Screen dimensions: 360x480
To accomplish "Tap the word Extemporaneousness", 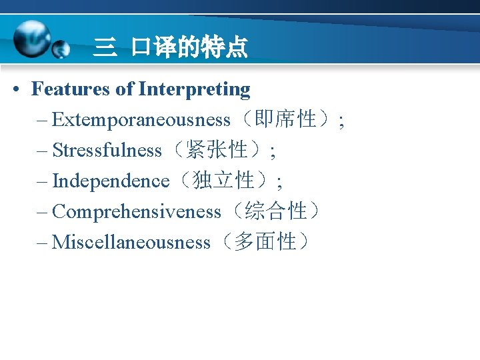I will point(141,120).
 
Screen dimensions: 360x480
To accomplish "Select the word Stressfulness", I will point(107,151).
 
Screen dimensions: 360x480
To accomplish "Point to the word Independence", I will point(111,181).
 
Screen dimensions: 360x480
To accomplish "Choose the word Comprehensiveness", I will point(136,211).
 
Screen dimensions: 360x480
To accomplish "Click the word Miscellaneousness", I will point(131,242).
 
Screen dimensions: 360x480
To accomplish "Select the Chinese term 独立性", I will point(223,180).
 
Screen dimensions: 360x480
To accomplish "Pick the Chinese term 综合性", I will point(274,211).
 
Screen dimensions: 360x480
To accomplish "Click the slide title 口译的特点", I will point(189,47).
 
